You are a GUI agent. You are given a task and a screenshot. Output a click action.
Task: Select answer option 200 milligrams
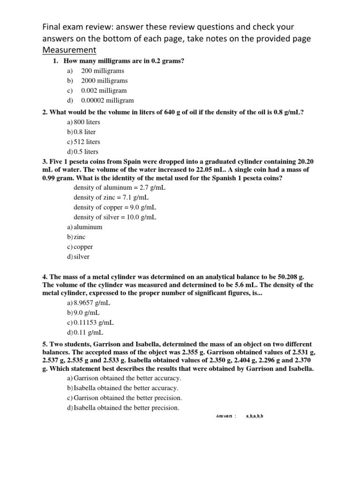coord(102,71)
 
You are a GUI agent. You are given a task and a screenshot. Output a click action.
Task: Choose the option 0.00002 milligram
coord(107,100)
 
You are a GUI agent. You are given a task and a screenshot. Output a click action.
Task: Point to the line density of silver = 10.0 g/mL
coord(115,217)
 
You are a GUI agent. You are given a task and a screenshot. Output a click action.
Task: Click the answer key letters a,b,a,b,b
coord(255,416)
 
